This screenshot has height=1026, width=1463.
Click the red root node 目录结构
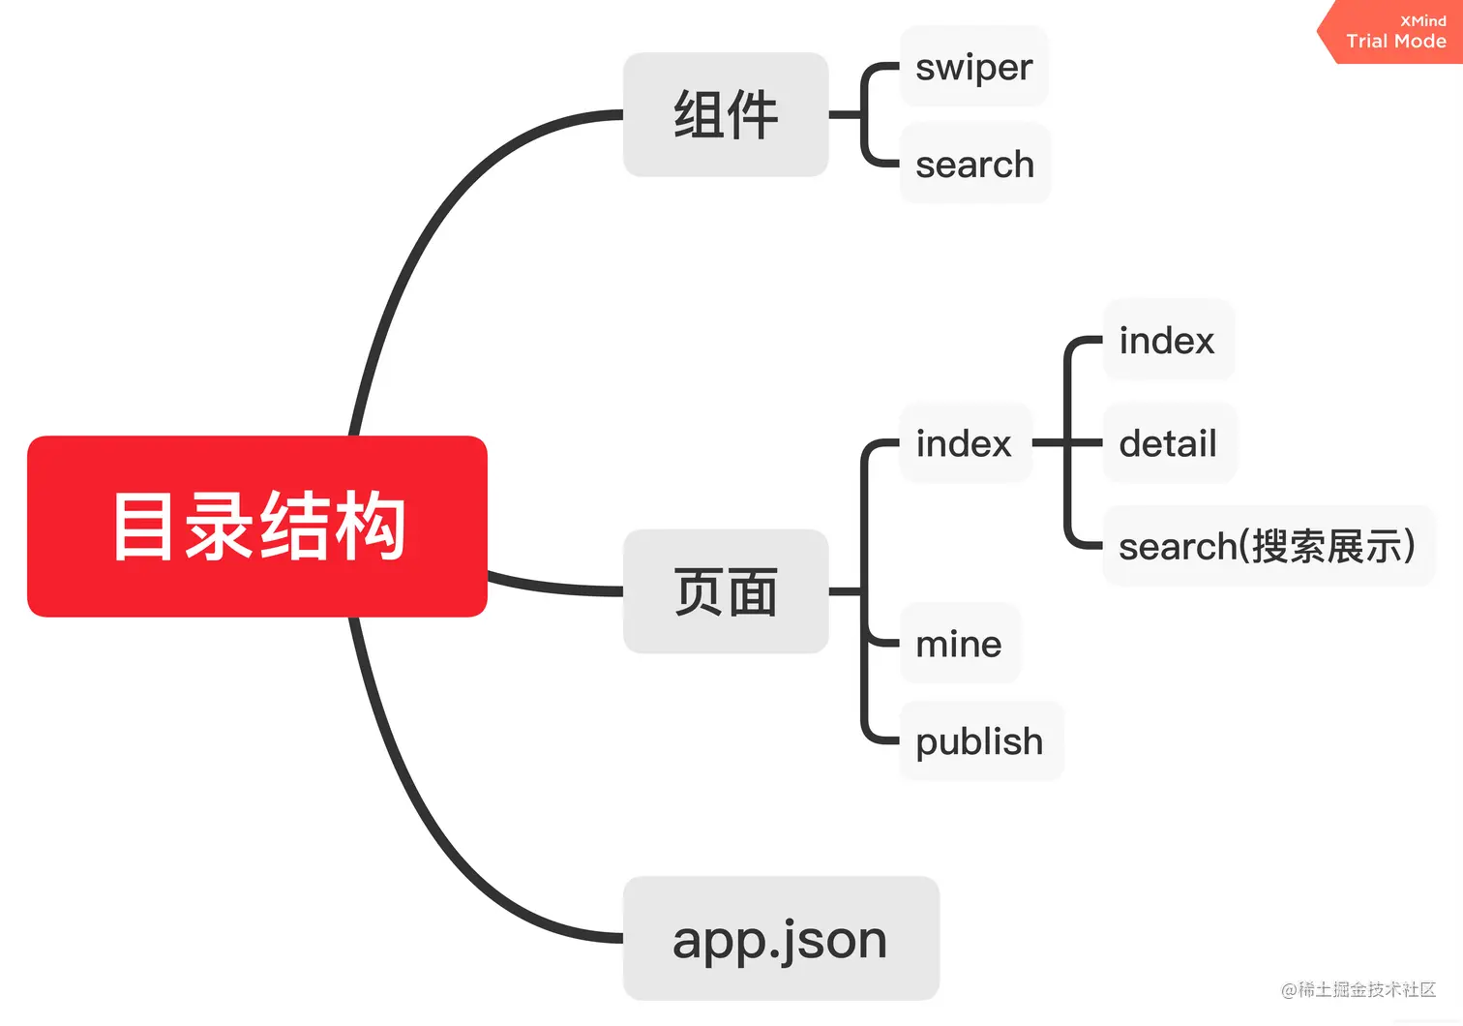(256, 526)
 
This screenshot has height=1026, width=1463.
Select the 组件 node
(726, 114)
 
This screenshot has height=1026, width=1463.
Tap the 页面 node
(726, 591)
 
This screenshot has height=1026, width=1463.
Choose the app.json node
(781, 938)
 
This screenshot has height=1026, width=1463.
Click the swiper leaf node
(973, 67)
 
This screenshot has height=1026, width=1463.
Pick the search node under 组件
(974, 164)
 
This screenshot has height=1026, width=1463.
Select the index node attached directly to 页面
(964, 443)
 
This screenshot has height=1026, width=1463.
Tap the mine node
(959, 644)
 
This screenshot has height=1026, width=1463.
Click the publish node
(979, 741)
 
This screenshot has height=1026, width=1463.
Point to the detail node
(1168, 443)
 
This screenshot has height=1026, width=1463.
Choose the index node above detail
(1167, 341)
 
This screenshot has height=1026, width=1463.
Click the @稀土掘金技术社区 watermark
(1358, 989)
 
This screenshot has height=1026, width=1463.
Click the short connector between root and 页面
(556, 586)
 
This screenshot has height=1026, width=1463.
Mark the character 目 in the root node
(142, 526)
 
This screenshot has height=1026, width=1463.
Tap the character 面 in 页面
(753, 592)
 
